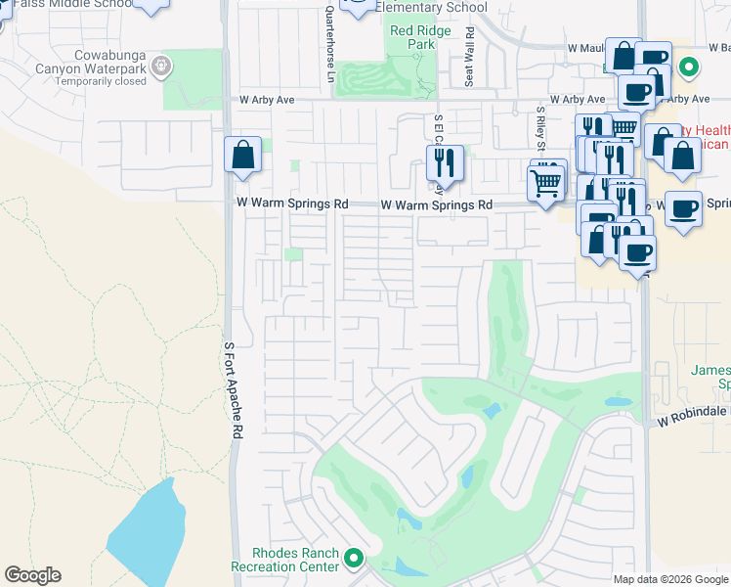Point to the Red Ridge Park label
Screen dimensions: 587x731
click(x=412, y=37)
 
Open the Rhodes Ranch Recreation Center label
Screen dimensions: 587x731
click(x=282, y=559)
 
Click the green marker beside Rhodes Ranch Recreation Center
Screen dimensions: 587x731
click(x=354, y=560)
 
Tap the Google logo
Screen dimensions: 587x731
click(x=32, y=575)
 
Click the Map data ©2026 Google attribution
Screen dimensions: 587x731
click(x=670, y=579)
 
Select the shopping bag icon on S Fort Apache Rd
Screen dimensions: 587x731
click(x=242, y=156)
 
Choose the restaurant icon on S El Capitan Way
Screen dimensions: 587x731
click(x=444, y=164)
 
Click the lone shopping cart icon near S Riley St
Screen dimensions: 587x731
click(x=545, y=181)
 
